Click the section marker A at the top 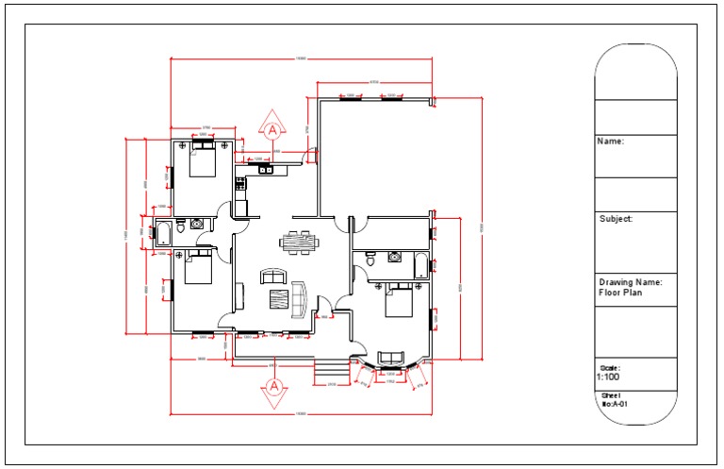[273, 128]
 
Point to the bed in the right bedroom [401, 301]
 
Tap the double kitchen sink [266, 170]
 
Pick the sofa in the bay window [390, 358]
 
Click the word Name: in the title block [611, 142]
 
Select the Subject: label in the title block [616, 219]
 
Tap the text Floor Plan [620, 293]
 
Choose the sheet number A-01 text [617, 404]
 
